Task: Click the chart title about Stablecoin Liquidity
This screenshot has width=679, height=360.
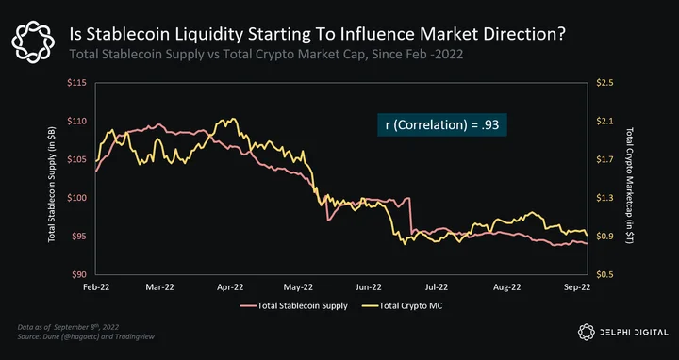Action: tap(318, 35)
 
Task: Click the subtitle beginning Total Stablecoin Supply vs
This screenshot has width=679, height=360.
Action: tap(266, 55)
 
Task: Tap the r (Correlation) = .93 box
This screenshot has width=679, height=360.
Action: tap(442, 124)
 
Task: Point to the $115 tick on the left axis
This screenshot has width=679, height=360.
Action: tap(76, 83)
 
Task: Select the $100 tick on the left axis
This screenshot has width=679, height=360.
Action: tap(76, 198)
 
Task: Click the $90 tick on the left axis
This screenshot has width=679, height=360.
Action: tap(78, 274)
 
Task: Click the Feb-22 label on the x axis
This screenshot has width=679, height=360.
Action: tap(96, 286)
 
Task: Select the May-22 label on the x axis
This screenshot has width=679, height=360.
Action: tap(298, 286)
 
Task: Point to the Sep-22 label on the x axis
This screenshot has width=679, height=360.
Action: tap(577, 286)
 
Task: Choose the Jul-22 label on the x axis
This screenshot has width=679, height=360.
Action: tap(437, 286)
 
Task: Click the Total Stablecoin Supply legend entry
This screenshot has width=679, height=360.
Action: tap(294, 306)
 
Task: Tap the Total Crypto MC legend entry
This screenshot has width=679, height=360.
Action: tap(403, 306)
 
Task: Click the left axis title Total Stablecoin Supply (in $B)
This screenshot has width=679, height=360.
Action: tap(52, 184)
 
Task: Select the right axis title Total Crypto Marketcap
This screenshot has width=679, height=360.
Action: tap(630, 186)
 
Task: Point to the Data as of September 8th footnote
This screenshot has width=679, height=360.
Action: tap(68, 327)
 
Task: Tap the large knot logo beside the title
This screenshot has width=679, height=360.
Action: tap(33, 41)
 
